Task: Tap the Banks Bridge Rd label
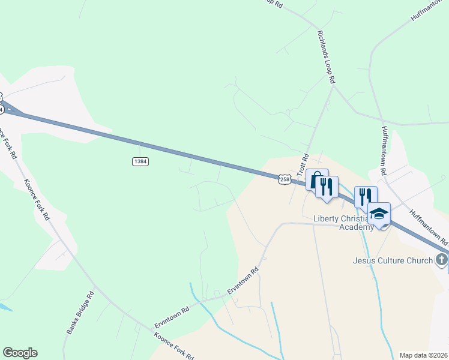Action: click(x=81, y=313)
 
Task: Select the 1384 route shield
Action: click(x=140, y=161)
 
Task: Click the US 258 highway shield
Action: click(x=284, y=179)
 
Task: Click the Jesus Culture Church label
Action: click(x=393, y=260)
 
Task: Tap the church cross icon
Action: click(x=442, y=260)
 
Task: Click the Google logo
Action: click(x=20, y=353)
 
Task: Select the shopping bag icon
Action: click(x=316, y=180)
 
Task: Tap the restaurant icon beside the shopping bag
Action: click(x=327, y=186)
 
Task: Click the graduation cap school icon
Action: click(x=379, y=214)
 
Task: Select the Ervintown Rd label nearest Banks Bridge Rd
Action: click(x=172, y=315)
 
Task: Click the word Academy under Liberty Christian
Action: click(x=357, y=227)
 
